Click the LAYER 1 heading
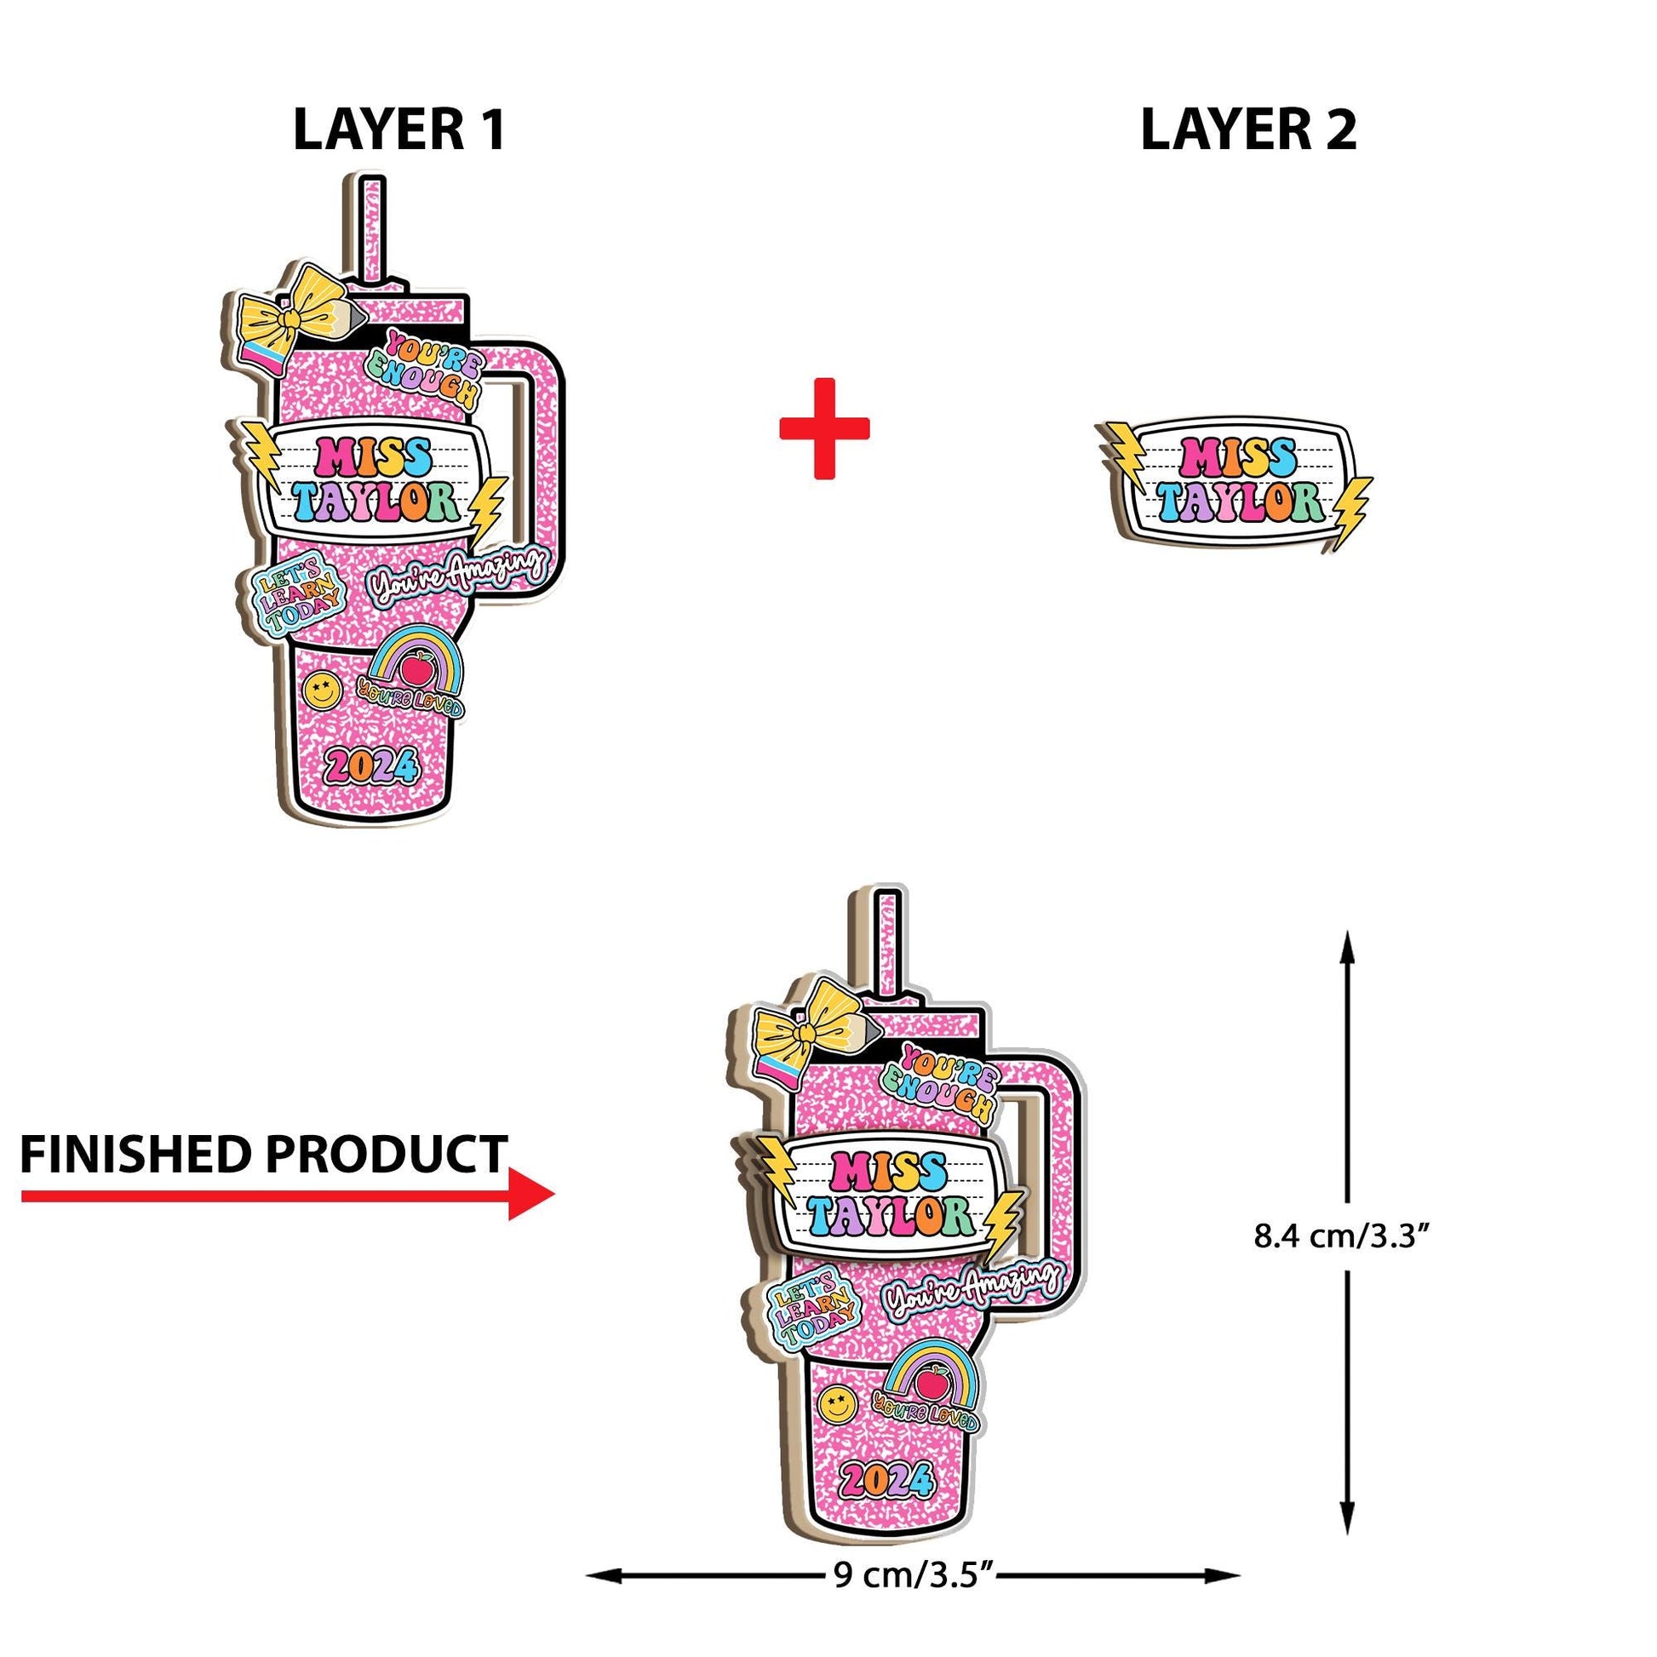point(398,129)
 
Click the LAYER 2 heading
point(1248,129)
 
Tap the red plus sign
point(824,427)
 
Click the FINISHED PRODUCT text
point(263,1155)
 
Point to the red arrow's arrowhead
point(531,1194)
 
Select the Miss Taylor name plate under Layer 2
point(1235,480)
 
